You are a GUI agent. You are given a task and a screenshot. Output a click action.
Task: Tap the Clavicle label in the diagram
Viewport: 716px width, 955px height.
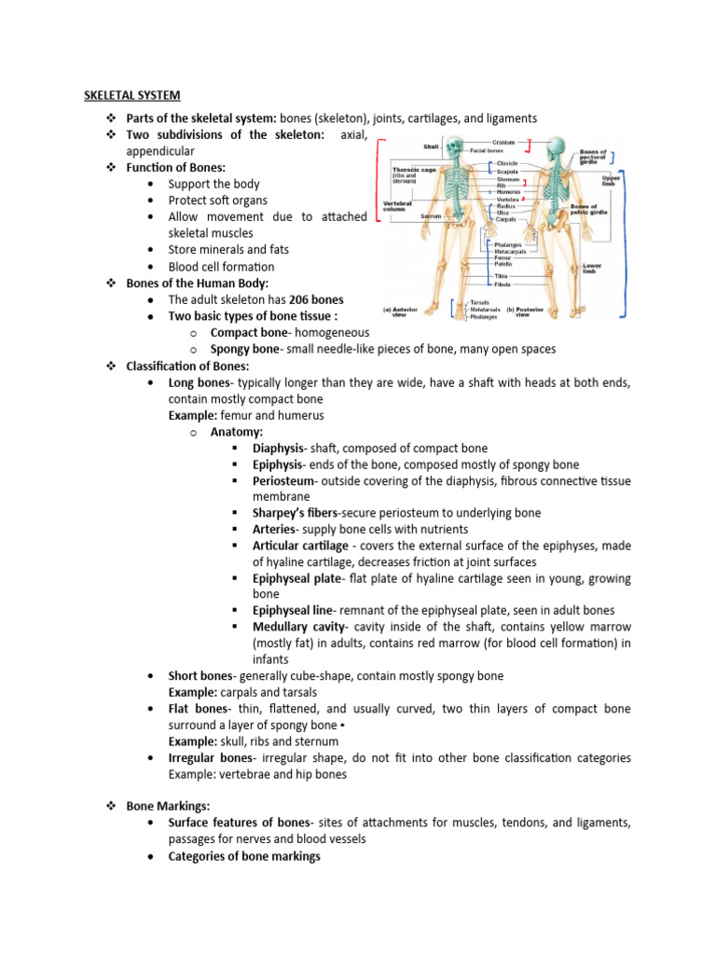pyautogui.click(x=507, y=163)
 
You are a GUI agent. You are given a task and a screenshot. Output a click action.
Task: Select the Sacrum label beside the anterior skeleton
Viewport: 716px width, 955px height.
pyautogui.click(x=430, y=215)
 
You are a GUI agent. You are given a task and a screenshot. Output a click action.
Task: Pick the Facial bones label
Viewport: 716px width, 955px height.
pyautogui.click(x=487, y=150)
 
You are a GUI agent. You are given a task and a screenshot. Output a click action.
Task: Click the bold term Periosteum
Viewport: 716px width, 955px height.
pyautogui.click(x=282, y=480)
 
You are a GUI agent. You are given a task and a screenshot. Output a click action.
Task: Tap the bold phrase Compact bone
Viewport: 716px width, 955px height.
pyautogui.click(x=245, y=332)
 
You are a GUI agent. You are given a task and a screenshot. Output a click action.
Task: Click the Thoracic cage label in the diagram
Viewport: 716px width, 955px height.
pyautogui.click(x=414, y=170)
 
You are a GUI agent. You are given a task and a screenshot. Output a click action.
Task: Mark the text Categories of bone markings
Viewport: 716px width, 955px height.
pyautogui.click(x=244, y=855)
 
